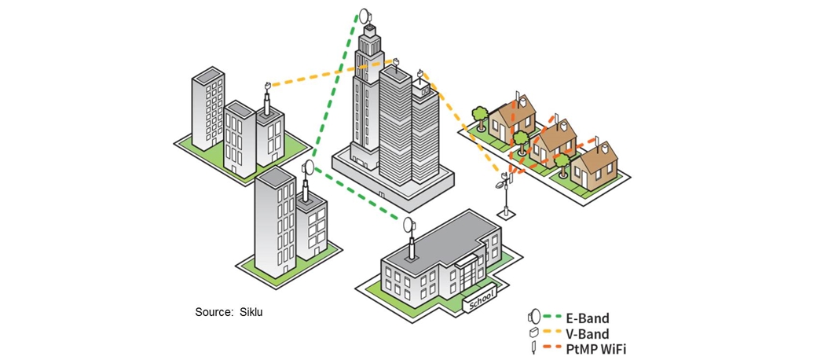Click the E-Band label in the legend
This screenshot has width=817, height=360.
point(587,318)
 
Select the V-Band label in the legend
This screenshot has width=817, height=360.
point(588,333)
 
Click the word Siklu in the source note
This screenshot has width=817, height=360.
point(251,312)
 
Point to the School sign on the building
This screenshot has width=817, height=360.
point(481,299)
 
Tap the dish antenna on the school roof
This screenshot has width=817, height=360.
point(408,226)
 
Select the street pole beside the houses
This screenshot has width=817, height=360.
point(506,197)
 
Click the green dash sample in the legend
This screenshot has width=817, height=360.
point(551,318)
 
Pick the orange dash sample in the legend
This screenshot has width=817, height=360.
point(551,347)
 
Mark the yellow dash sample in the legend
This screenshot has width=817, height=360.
point(551,333)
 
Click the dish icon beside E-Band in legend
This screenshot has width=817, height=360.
point(533,318)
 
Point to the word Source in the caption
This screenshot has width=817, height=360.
point(212,312)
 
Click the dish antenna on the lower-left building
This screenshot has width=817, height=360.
point(307,167)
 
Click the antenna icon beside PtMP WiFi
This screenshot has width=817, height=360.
point(533,347)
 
